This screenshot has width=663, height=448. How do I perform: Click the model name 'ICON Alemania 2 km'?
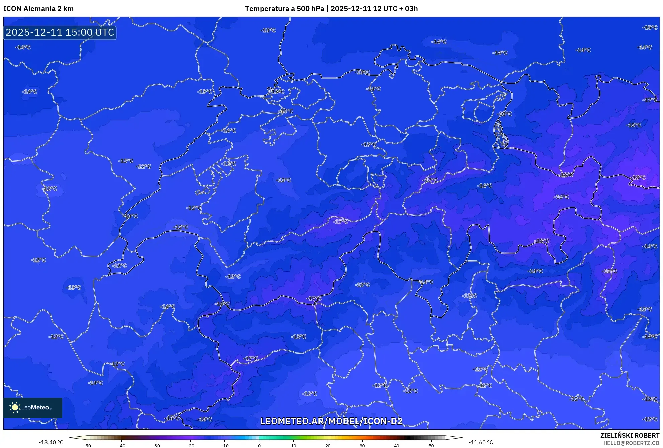point(38,9)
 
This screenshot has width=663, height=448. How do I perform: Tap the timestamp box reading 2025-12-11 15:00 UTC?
point(60,32)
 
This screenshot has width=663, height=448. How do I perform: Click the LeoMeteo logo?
point(33,407)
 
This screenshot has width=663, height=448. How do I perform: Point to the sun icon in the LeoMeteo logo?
point(15,407)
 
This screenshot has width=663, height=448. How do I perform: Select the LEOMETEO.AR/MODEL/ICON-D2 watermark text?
point(331,421)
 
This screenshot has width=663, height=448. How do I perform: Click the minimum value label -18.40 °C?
point(51,442)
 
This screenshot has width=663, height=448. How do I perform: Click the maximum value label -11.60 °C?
point(481,442)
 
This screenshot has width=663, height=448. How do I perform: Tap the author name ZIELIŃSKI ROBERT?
point(630,435)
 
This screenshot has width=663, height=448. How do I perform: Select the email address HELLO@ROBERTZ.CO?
point(631,443)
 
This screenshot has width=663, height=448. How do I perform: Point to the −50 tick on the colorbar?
point(87,446)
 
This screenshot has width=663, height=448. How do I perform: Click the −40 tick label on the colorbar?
point(121,446)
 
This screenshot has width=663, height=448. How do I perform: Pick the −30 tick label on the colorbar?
point(156,446)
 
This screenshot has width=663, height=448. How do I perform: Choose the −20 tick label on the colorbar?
point(190,446)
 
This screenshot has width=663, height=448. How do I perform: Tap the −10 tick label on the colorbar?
point(225,446)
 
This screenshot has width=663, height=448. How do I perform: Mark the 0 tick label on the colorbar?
point(259,446)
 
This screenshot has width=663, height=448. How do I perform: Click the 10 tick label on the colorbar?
point(293,446)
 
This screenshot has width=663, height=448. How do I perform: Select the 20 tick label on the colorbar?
point(328,446)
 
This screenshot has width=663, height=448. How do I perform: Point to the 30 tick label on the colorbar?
point(362,446)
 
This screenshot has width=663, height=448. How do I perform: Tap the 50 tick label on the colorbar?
point(431,446)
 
